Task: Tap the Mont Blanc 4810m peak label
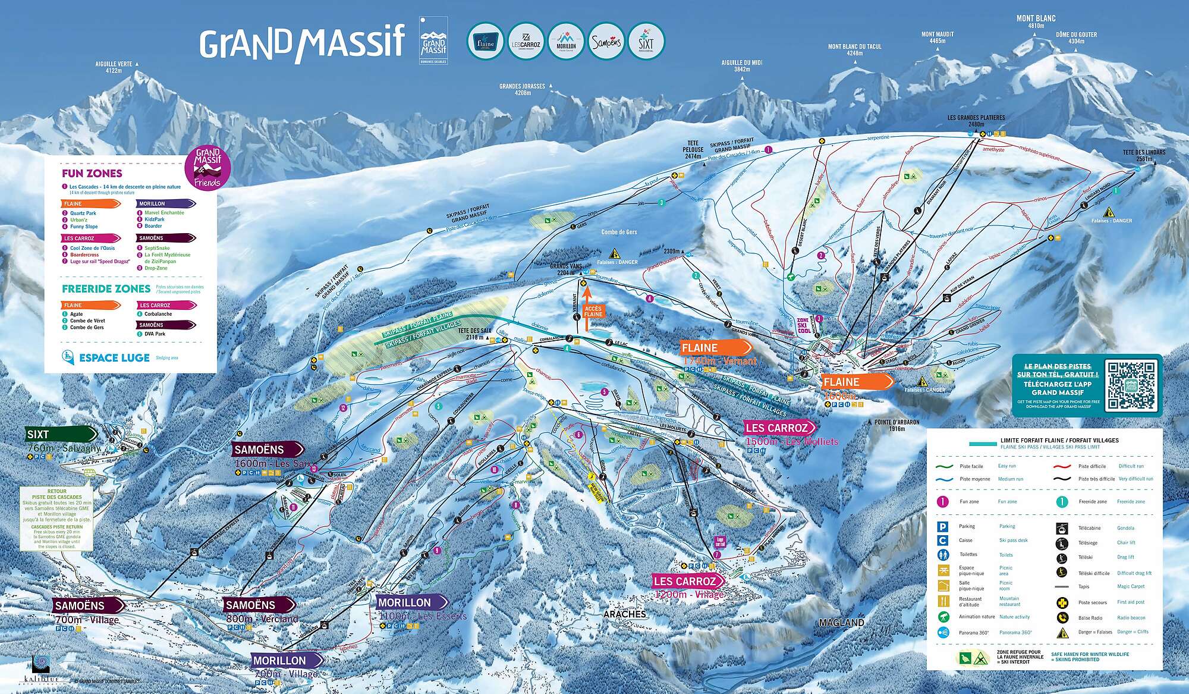pos(1036,22)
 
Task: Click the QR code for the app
pos(1130,384)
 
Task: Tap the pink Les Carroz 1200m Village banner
pos(688,581)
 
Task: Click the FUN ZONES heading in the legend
pos(92,174)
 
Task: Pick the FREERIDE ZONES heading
pos(106,289)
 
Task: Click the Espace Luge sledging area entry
pos(106,358)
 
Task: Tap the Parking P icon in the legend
pos(943,526)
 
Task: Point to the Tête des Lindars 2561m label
pos(1144,155)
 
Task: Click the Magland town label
pos(841,623)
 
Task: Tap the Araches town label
pos(626,614)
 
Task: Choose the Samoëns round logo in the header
pos(606,42)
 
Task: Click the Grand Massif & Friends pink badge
pos(207,168)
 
